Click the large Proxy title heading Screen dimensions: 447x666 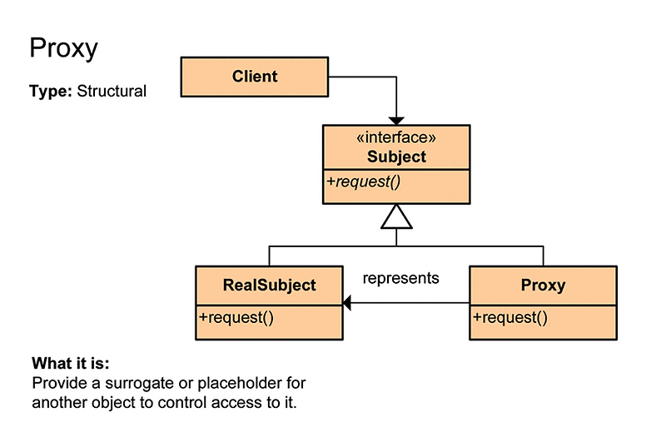pos(63,48)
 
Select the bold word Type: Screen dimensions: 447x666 pos(51,91)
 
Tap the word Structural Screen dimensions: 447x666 pos(112,91)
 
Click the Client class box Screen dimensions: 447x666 pos(255,77)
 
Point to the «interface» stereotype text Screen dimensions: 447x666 pos(396,138)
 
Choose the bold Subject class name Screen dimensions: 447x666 pos(396,156)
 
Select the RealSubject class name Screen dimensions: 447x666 pos(269,285)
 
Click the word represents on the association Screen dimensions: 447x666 pos(400,278)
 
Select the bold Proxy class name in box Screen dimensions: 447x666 pos(543,285)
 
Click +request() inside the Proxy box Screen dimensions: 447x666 pos(510,316)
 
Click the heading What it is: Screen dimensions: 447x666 pos(71,364)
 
